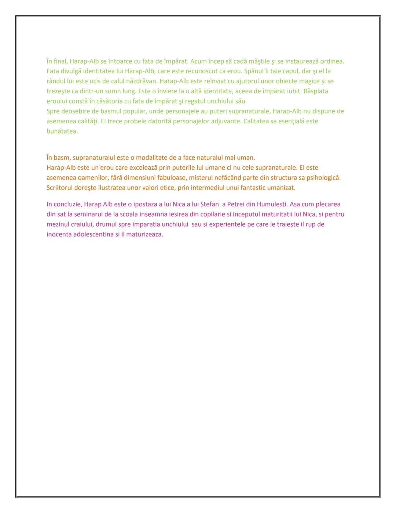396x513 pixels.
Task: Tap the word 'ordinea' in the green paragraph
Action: click(x=331, y=61)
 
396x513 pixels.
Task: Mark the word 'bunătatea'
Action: click(x=62, y=131)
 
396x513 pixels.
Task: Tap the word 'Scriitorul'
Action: click(x=60, y=188)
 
